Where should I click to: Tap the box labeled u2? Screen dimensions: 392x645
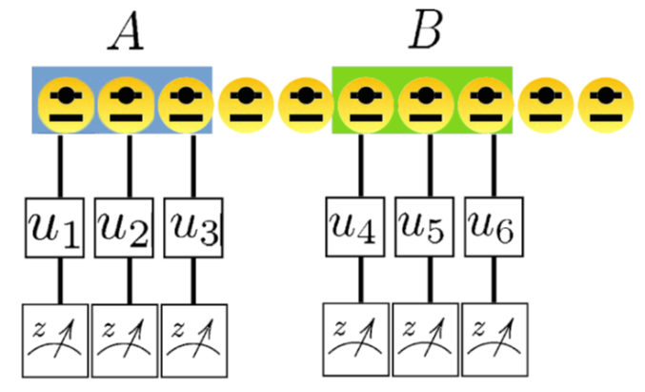128,229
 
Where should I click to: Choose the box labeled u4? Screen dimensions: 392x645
357,229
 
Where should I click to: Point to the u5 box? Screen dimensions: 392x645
426,229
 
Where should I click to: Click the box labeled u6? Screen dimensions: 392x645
493,229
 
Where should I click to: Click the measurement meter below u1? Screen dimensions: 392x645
56,336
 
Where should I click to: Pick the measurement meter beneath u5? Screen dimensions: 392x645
425,336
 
